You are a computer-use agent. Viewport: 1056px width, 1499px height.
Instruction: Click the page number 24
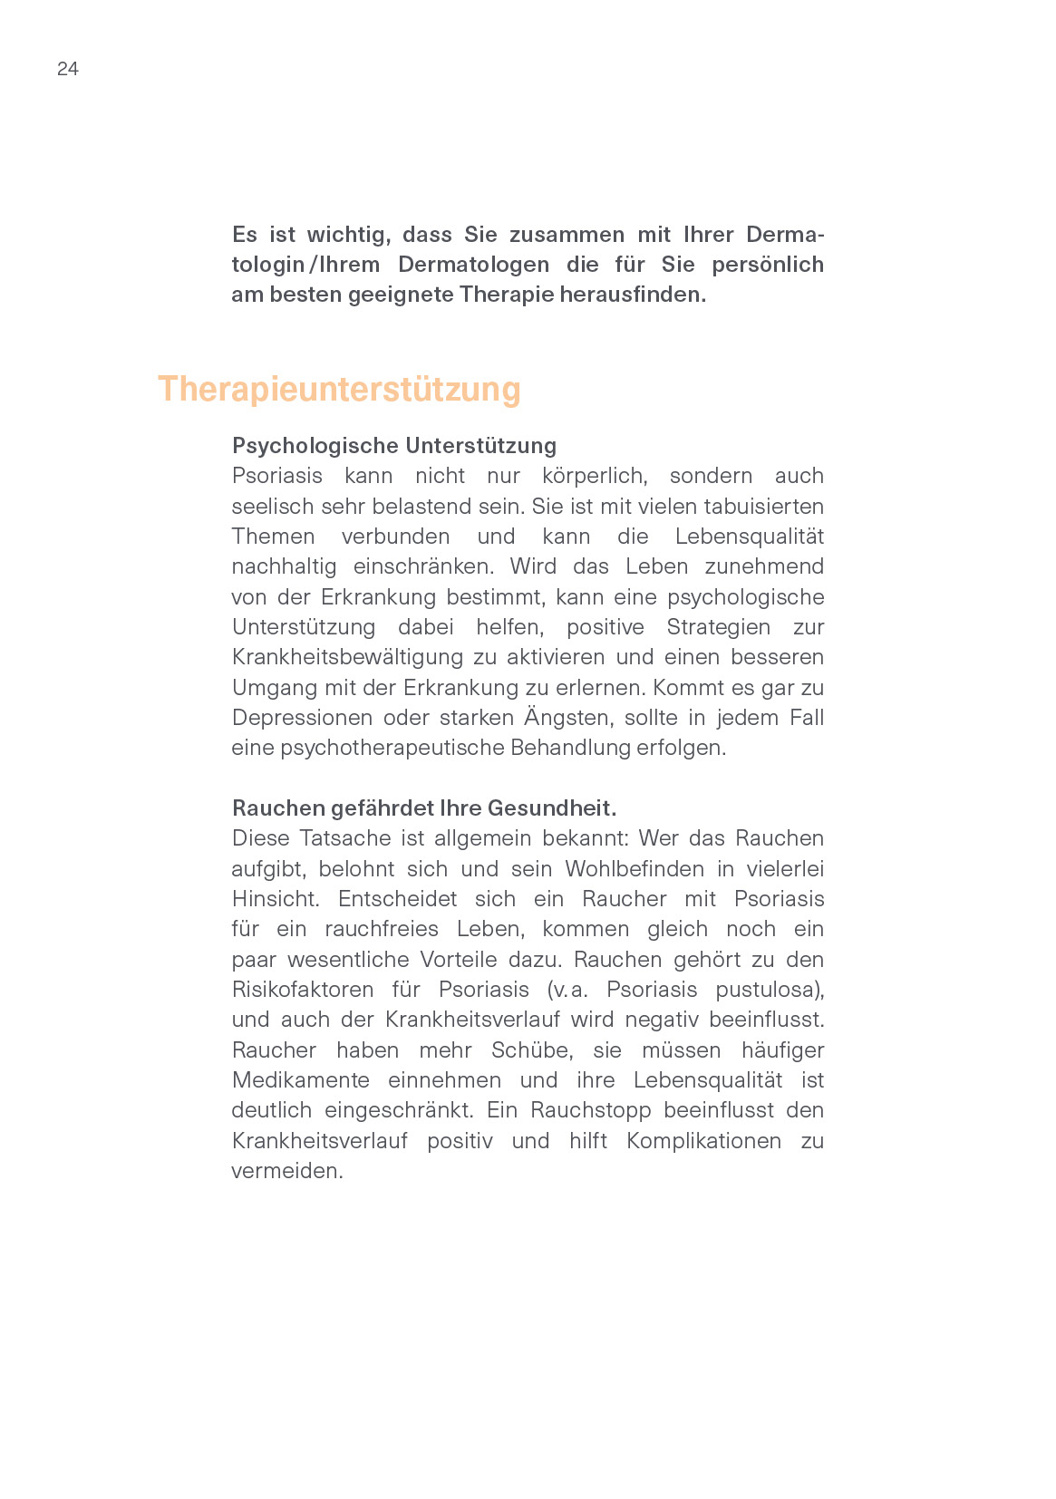68,69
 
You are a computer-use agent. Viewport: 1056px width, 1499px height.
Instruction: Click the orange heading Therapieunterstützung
339,389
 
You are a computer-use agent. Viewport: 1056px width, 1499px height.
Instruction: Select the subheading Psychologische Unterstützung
393,446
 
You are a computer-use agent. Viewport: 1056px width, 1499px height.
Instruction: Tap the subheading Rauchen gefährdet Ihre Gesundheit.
423,808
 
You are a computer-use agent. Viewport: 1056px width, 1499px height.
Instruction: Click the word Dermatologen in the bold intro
473,265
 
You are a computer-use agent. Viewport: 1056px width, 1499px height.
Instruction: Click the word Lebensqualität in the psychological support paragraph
749,537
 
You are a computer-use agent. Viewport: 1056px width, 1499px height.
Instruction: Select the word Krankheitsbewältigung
348,657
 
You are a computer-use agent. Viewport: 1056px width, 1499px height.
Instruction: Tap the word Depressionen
302,718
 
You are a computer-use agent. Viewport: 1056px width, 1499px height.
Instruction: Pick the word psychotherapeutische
392,748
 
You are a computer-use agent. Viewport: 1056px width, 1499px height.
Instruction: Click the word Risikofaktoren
302,990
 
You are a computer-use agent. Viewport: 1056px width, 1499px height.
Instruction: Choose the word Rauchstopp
590,1110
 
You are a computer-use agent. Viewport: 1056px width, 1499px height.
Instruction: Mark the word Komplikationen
703,1141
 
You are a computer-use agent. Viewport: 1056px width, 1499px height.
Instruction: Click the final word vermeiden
286,1171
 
